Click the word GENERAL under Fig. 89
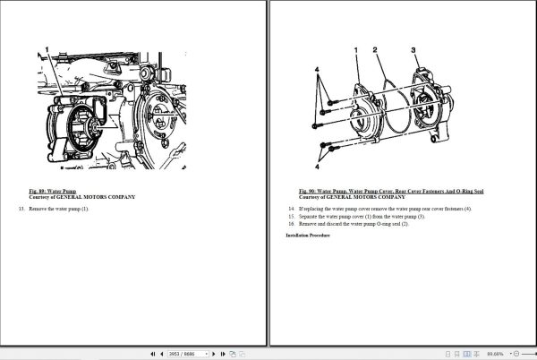coord(75,196)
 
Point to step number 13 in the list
coord(21,209)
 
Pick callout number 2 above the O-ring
coord(377,50)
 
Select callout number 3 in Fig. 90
coord(413,50)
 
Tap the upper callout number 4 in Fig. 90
coord(316,69)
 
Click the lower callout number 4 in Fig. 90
coord(316,166)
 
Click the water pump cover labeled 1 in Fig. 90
coord(362,112)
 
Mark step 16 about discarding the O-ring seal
coord(354,223)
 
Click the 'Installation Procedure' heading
coord(309,235)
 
